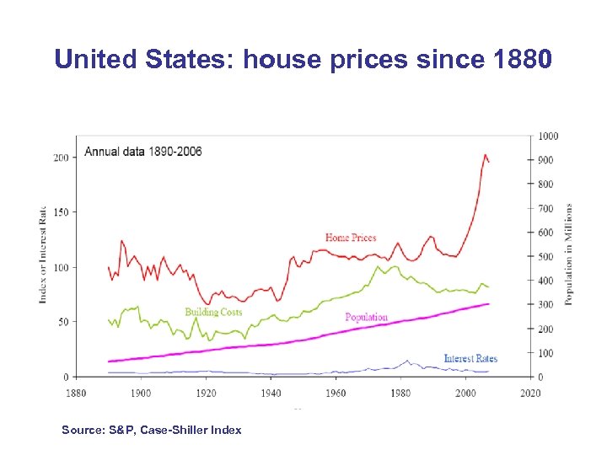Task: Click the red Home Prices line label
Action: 351,238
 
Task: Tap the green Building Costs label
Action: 213,312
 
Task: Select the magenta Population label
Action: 367,317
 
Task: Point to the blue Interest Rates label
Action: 470,358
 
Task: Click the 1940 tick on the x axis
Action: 271,393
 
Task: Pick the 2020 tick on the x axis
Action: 530,393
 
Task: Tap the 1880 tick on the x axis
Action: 76,393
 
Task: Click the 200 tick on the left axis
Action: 61,158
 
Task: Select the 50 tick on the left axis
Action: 63,322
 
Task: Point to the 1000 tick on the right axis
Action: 549,136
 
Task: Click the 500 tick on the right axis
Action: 547,256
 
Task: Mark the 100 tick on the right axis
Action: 547,353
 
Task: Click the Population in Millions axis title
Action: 569,254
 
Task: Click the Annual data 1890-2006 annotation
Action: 142,152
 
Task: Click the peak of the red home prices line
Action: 485,155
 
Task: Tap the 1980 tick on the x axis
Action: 400,393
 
